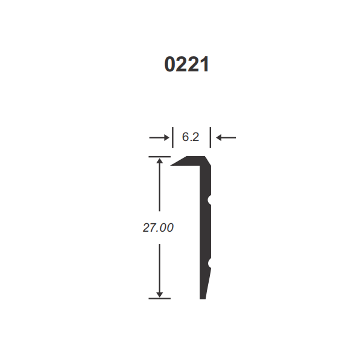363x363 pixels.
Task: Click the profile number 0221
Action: click(x=186, y=64)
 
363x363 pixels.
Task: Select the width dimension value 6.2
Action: click(x=191, y=137)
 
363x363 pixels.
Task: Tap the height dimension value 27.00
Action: click(x=159, y=228)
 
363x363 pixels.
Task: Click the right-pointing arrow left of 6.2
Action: click(x=160, y=138)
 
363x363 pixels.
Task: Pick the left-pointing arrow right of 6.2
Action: click(x=226, y=138)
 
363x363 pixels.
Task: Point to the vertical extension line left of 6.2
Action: click(x=172, y=137)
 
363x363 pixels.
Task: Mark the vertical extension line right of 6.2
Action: click(x=211, y=137)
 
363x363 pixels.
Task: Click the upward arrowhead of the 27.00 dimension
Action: click(x=160, y=162)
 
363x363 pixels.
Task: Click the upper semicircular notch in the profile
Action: click(x=210, y=199)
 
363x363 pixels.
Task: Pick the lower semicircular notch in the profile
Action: click(x=210, y=263)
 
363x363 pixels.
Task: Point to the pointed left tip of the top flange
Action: click(x=174, y=163)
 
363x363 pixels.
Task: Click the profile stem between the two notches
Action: click(x=206, y=231)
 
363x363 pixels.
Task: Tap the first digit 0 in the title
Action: click(x=170, y=64)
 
